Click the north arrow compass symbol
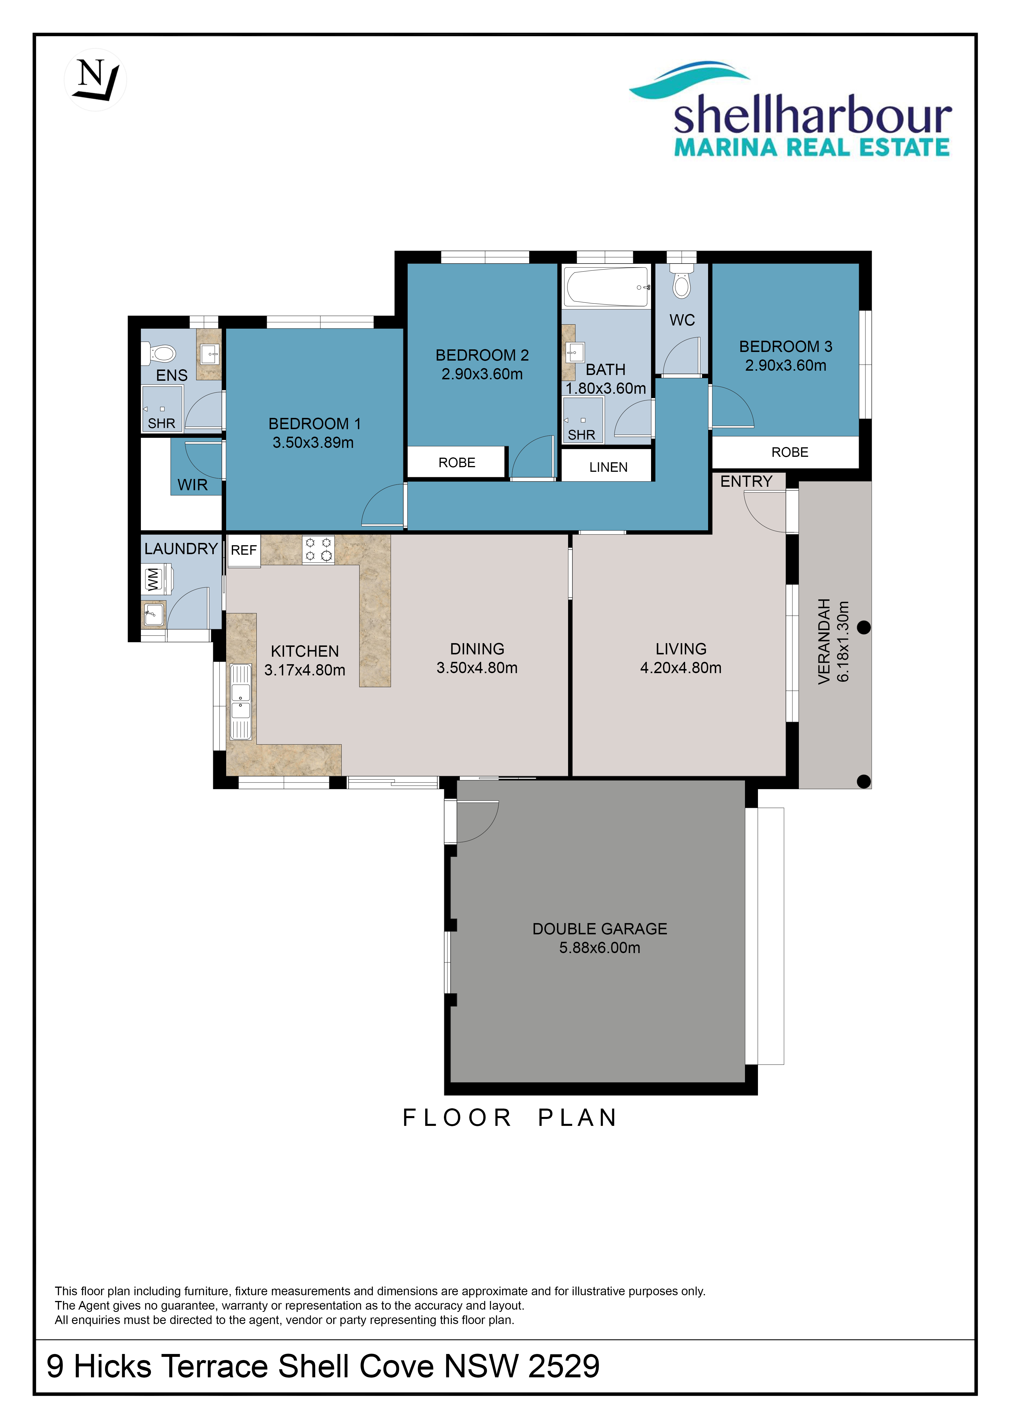95,79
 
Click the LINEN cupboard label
608,467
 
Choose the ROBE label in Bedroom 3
790,452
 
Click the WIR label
192,484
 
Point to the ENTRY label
746,481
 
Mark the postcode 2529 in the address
563,1366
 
